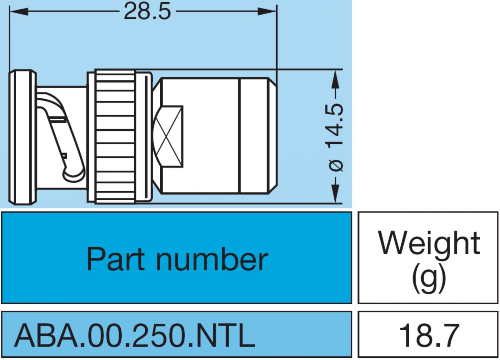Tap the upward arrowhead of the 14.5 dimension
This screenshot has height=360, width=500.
(x=335, y=78)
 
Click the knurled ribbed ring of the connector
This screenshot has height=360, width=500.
(x=115, y=136)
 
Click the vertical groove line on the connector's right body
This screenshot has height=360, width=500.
(x=240, y=136)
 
